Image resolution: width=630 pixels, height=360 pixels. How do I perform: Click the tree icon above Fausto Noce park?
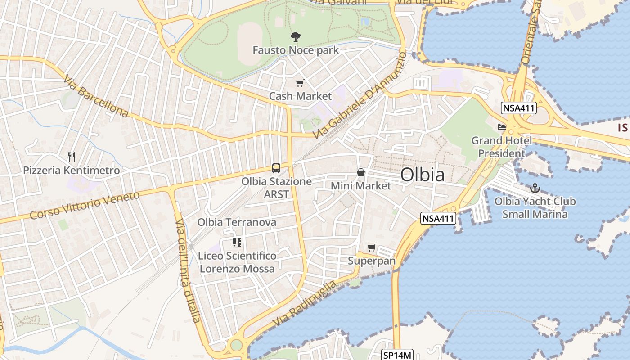click(x=296, y=37)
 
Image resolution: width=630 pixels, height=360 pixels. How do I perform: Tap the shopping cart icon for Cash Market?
click(x=300, y=83)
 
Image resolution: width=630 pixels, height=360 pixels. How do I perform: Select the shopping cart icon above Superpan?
click(x=371, y=247)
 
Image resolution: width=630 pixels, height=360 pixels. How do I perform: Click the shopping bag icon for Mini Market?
click(x=361, y=172)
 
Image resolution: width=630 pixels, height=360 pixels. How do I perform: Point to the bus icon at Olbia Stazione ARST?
click(x=276, y=168)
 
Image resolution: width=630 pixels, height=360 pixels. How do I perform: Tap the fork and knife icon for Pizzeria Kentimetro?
click(x=71, y=157)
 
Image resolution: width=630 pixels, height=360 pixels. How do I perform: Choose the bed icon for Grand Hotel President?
click(x=502, y=127)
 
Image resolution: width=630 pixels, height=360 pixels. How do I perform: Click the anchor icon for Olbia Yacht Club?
click(x=535, y=188)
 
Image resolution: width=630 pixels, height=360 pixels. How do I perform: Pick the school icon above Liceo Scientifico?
click(x=237, y=243)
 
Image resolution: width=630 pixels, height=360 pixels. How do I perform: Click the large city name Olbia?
click(x=422, y=175)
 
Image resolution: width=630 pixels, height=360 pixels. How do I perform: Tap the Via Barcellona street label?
click(x=95, y=97)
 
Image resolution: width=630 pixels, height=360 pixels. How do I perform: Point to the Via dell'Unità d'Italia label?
click(x=187, y=270)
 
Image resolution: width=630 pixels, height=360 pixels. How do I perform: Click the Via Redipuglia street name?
click(x=305, y=304)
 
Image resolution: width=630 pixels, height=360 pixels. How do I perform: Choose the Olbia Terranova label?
click(x=237, y=222)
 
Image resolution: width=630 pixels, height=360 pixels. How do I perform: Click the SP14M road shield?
click(x=397, y=355)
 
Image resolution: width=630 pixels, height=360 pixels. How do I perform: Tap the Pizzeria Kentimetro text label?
click(x=72, y=171)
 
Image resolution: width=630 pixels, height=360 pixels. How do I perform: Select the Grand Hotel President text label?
click(x=501, y=147)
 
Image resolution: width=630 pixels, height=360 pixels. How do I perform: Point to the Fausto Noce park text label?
click(x=296, y=50)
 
